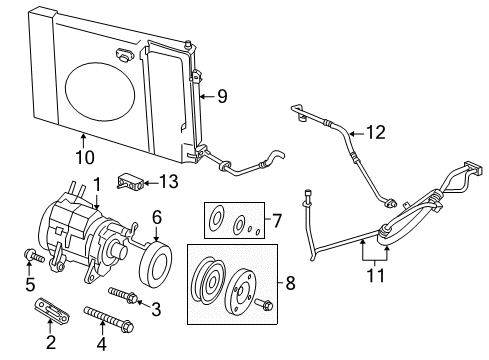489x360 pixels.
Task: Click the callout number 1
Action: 97,182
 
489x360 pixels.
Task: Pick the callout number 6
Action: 156,216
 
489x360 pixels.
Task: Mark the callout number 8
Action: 290,283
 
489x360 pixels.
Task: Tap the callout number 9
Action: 222,97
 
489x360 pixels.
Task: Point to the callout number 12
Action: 374,130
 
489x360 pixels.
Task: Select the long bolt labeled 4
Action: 107,318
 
